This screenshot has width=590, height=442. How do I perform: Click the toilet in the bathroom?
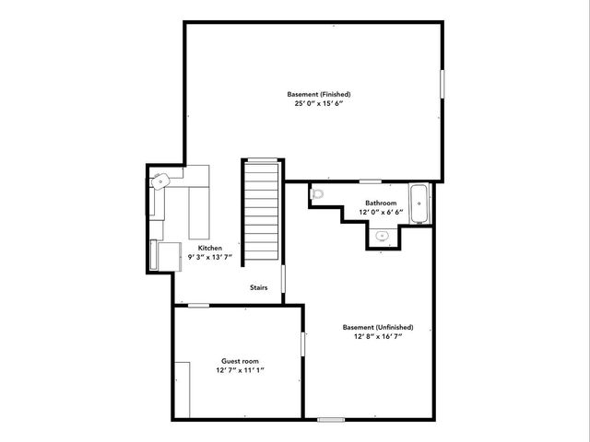coord(318,194)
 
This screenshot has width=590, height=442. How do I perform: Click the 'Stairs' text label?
coord(259,288)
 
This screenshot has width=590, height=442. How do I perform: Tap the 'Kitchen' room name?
coord(210,248)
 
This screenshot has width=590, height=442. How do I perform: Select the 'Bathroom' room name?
coord(381,203)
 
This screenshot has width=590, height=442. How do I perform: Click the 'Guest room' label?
coord(240,361)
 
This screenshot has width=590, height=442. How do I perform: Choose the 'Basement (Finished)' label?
coord(319,94)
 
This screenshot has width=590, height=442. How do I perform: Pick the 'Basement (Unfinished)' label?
coord(378,327)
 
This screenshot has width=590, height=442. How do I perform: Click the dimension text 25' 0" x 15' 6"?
coord(319,104)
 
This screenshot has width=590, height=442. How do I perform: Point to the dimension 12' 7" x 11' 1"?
coord(240,371)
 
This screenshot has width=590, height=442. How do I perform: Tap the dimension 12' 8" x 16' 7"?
coord(378,337)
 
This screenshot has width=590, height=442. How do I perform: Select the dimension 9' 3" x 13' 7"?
coord(210,258)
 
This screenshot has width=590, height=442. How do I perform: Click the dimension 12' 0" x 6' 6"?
coord(381,213)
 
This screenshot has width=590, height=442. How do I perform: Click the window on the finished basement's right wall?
coord(442,83)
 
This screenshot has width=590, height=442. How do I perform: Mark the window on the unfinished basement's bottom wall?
coord(331,420)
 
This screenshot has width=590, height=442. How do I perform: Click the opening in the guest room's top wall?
coord(199,305)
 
